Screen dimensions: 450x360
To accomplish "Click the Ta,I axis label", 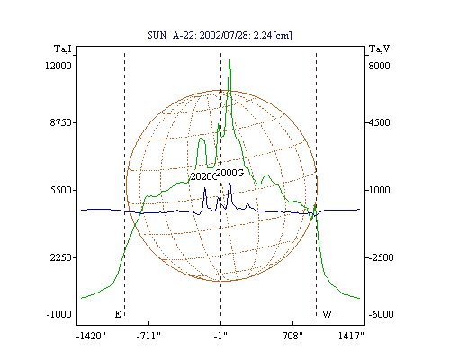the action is (x=63, y=49).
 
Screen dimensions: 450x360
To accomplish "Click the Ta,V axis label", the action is (x=379, y=49).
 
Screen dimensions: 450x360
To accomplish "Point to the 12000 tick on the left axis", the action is (x=58, y=66).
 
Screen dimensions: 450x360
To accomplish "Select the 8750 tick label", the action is (x=61, y=122).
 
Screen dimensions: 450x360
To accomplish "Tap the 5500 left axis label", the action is (x=61, y=190).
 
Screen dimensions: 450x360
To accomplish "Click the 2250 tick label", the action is (x=61, y=257).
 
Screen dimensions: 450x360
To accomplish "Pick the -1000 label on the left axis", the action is (x=59, y=314).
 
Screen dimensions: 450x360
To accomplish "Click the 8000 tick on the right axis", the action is (x=379, y=66).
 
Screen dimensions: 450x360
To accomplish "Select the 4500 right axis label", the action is (x=379, y=122).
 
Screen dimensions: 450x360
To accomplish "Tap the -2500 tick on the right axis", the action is (x=381, y=257).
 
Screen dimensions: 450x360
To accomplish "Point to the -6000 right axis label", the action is (x=381, y=314).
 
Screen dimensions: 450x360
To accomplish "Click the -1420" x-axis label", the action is (x=91, y=336).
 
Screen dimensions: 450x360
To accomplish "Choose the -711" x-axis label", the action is (x=148, y=336).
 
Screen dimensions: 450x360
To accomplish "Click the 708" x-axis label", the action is (x=292, y=336).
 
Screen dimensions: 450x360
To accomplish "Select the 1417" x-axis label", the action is (x=351, y=336).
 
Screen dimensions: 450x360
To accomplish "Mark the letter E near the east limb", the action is (x=118, y=314).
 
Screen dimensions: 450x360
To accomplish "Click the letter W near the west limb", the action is (x=327, y=314).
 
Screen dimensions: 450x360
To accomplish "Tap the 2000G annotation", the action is (x=229, y=173).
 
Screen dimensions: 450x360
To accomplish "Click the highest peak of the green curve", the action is (x=229, y=60).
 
